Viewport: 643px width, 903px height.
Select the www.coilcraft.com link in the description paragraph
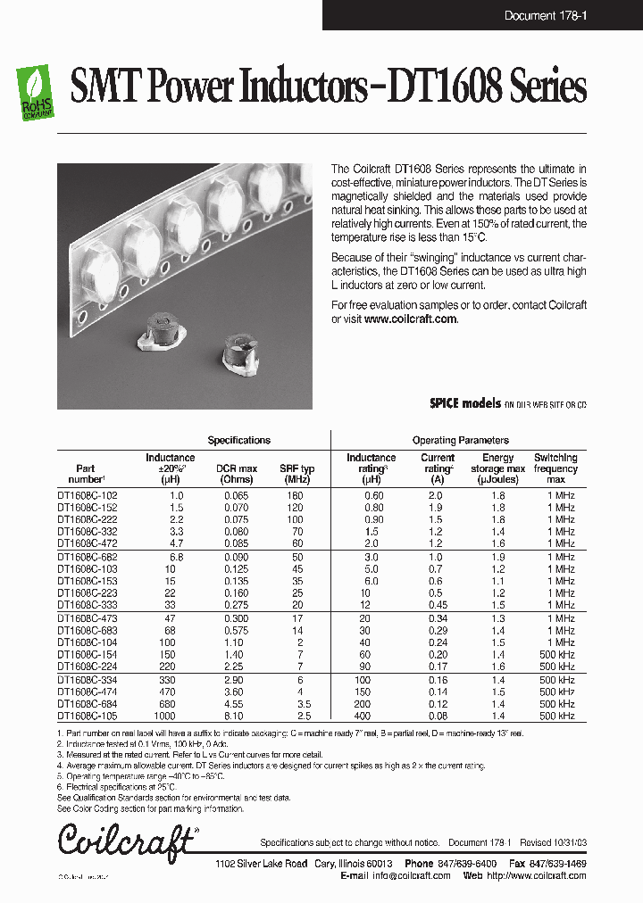point(410,319)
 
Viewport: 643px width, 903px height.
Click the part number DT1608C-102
point(87,495)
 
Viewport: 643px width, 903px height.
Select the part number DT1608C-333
point(87,605)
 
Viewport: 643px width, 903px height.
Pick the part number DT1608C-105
point(87,716)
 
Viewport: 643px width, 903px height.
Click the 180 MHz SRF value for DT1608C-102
point(296,495)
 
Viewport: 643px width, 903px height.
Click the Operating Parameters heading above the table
point(460,440)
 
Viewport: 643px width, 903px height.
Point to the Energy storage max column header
point(497,468)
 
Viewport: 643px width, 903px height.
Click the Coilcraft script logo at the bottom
point(125,841)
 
